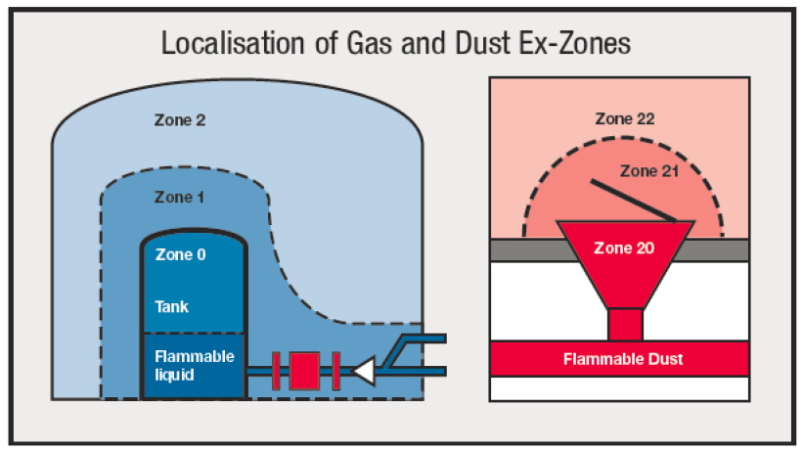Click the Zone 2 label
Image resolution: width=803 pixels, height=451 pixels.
point(180,121)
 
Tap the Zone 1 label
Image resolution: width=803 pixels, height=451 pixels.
point(180,197)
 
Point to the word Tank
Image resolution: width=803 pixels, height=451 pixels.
point(171,306)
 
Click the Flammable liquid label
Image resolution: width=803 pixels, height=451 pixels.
point(195,364)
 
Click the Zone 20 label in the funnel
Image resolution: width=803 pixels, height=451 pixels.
point(625,248)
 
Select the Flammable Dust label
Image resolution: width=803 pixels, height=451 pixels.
point(623,359)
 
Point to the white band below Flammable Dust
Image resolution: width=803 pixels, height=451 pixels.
point(623,388)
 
